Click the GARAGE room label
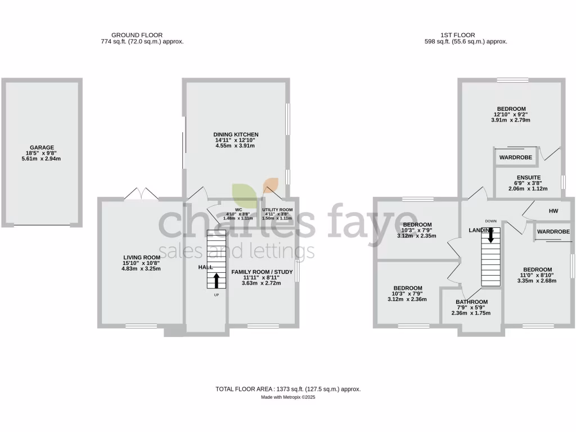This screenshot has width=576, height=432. (42, 147)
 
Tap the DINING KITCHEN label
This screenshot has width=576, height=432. (236, 134)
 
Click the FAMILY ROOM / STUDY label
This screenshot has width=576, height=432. (262, 272)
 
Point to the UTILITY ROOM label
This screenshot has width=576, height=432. (275, 209)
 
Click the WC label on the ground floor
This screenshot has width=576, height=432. (229, 209)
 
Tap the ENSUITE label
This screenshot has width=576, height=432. (528, 177)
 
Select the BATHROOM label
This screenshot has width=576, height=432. (471, 302)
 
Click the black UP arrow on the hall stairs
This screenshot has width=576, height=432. (217, 280)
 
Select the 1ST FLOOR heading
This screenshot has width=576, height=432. (465, 34)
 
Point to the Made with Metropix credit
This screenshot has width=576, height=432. (287, 397)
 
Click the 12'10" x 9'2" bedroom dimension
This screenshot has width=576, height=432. (511, 114)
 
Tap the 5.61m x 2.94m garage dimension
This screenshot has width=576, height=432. (42, 159)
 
